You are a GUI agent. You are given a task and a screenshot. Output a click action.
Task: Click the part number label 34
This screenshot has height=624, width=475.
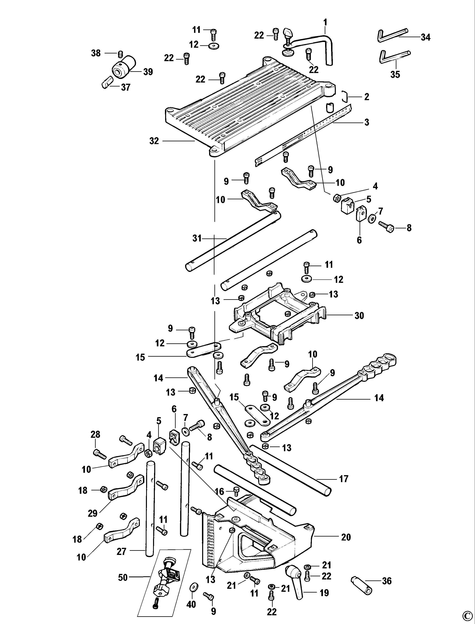[x=425, y=37]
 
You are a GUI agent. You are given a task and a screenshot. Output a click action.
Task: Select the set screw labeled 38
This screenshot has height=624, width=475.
[x=120, y=53]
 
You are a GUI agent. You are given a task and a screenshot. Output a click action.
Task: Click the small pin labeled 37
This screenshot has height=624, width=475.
[x=106, y=84]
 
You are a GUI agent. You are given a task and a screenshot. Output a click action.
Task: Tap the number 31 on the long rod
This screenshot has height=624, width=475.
[x=197, y=238]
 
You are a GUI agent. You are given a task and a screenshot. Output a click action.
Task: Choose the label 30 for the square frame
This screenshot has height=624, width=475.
[x=359, y=315]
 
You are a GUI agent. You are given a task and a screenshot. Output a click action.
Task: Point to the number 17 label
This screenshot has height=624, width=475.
[x=344, y=479]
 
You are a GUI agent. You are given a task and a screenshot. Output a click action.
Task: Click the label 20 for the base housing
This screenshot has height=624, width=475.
[x=346, y=537]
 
